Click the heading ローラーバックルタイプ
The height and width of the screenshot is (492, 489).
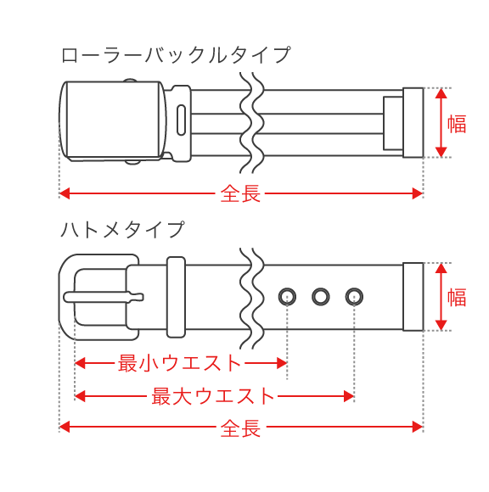point(176,55)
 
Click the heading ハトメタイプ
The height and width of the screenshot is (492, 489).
point(122,229)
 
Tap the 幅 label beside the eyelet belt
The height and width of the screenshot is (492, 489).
point(458,297)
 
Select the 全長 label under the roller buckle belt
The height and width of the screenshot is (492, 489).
point(240,193)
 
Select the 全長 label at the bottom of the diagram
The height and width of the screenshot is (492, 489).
point(240,428)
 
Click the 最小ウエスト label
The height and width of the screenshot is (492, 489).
point(180,363)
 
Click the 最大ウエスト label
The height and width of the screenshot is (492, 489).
point(214,395)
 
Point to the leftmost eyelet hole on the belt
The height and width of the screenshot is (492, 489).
point(288,296)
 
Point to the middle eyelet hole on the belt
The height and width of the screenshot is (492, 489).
point(321,296)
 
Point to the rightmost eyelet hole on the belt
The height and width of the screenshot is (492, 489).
point(354,296)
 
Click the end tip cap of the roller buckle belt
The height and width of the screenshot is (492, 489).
point(413,122)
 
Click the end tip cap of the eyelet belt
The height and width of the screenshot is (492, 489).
point(413,297)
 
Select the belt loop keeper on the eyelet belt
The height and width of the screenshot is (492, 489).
point(176,297)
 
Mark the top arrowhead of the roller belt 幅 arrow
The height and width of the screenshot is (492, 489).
point(441,93)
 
